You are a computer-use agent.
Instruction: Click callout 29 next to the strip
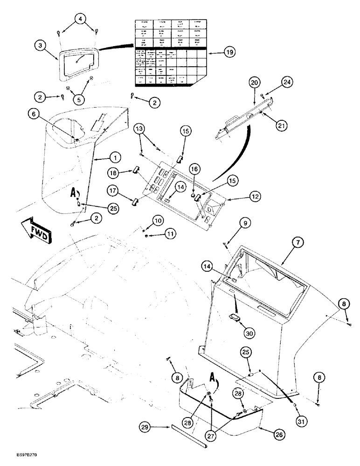pyautogui.click(x=145, y=426)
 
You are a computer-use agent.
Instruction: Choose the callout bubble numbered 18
pyautogui.click(x=112, y=173)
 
